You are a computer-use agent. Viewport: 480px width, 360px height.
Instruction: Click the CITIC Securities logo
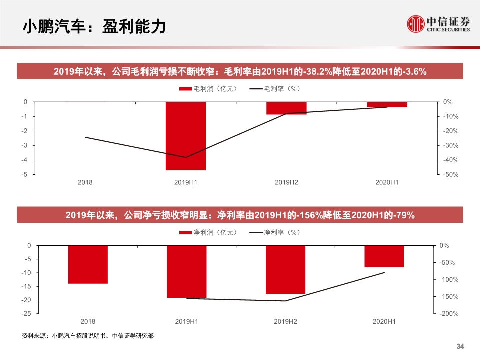pyautogui.click(x=438, y=23)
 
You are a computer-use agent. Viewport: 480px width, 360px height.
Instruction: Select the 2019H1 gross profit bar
pyautogui.click(x=186, y=136)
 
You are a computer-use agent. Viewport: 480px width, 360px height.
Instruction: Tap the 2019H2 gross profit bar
pyautogui.click(x=286, y=108)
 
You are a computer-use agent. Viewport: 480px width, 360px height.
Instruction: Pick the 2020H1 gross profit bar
pyautogui.click(x=387, y=104)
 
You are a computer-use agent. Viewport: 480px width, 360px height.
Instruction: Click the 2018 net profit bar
pyautogui.click(x=88, y=264)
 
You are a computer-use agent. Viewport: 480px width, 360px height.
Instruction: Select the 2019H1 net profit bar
pyautogui.click(x=187, y=271)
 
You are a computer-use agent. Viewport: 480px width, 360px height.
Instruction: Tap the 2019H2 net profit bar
pyautogui.click(x=285, y=269)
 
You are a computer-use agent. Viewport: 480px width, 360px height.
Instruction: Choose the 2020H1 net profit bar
pyautogui.click(x=384, y=256)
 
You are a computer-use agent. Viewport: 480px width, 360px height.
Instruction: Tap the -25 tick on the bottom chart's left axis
pyautogui.click(x=24, y=313)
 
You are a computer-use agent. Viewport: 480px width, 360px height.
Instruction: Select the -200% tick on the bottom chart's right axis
pyautogui.click(x=448, y=314)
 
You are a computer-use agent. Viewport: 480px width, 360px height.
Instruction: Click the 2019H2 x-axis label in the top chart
pyautogui.click(x=286, y=183)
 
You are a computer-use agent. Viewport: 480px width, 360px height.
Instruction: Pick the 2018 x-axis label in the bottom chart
pyautogui.click(x=88, y=321)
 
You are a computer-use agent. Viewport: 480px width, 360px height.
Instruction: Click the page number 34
pyautogui.click(x=461, y=347)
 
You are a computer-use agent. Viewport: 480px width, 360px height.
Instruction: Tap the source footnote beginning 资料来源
pyautogui.click(x=88, y=336)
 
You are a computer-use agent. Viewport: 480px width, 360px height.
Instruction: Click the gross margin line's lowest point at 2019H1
pyautogui.click(x=186, y=157)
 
